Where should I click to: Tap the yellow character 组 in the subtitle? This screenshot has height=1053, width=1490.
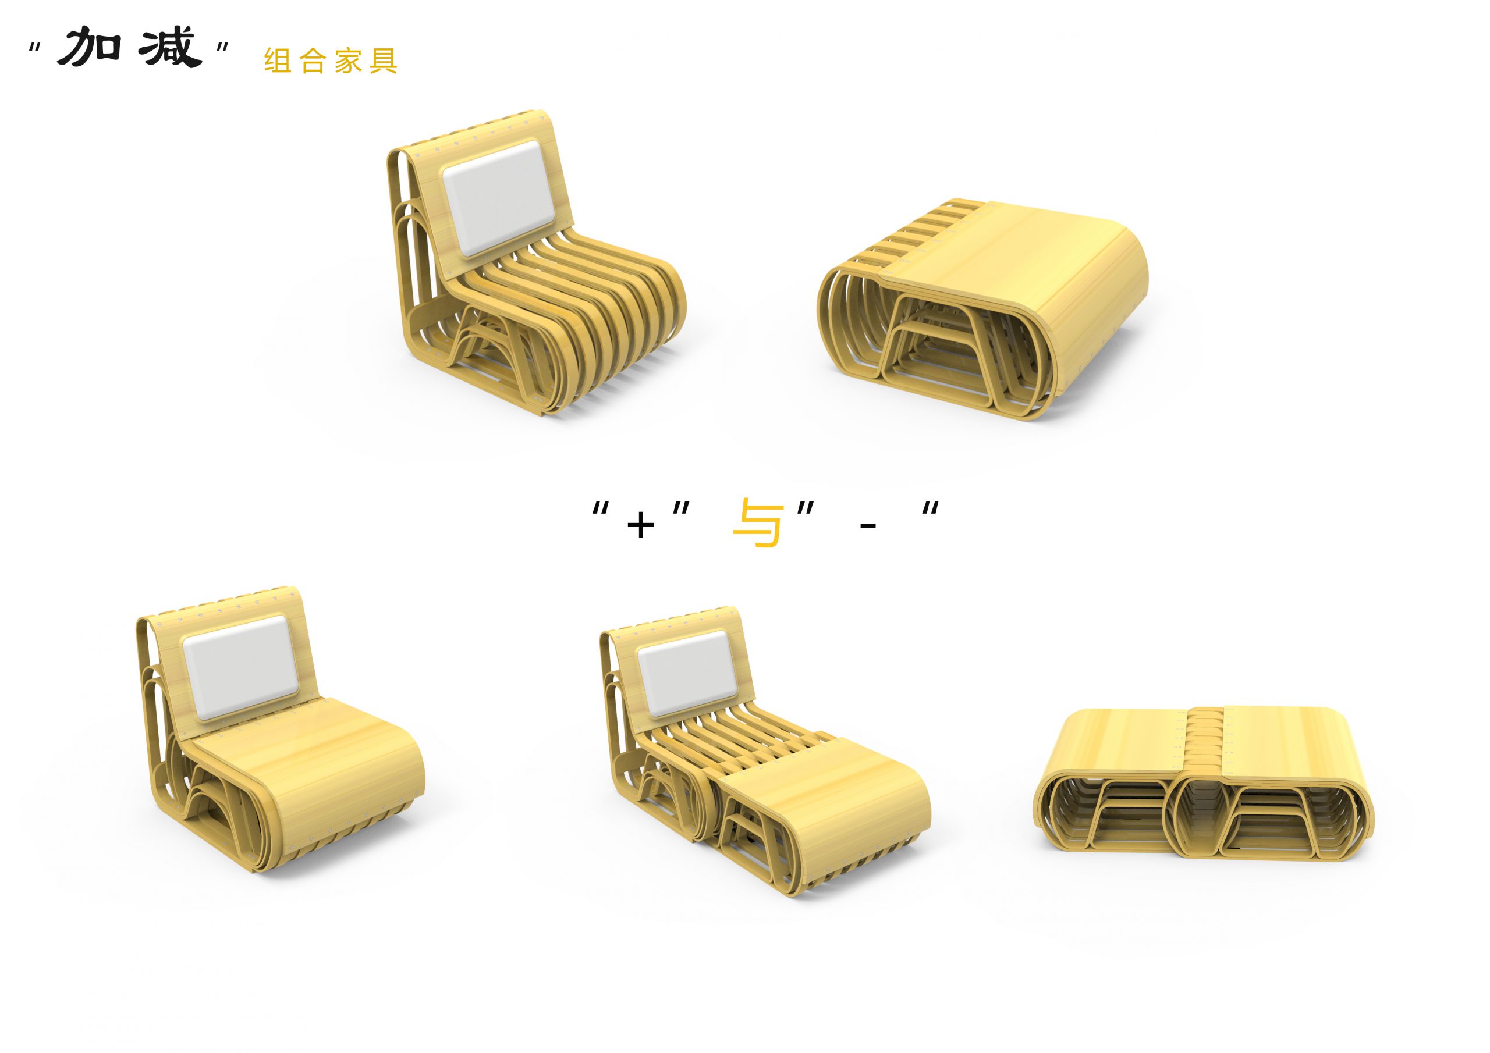(278, 61)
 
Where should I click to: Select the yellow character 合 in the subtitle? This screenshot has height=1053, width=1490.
(313, 61)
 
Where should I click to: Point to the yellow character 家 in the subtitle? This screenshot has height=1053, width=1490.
(348, 61)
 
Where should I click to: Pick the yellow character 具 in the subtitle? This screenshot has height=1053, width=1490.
(383, 61)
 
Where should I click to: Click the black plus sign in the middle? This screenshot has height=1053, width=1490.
(640, 525)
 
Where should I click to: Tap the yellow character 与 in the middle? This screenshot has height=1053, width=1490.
(756, 522)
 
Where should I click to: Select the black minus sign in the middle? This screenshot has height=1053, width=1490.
(868, 525)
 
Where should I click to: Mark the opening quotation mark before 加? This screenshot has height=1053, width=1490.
(35, 48)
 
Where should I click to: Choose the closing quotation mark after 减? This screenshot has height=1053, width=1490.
(222, 48)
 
